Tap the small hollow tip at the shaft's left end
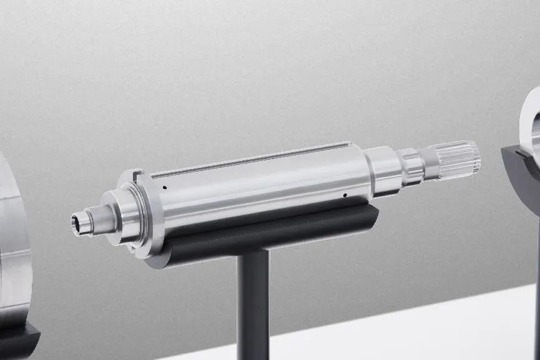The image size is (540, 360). pos(79,219)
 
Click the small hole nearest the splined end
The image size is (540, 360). pos(345,195)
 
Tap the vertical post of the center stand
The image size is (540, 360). pos(253,299)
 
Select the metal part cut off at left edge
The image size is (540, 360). pos(12,250)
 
